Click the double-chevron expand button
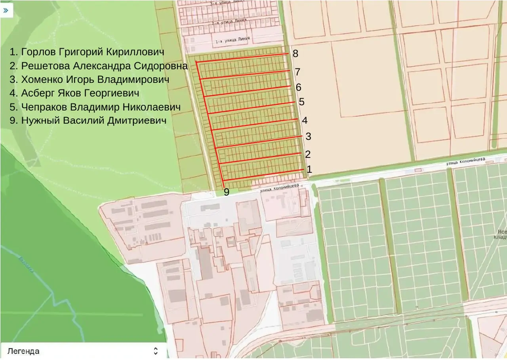pos(6,10)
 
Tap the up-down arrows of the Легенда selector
pos(156,351)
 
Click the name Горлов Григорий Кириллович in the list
pos(87,52)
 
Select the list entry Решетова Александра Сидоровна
pos(99,66)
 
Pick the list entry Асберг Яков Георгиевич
pos(74,93)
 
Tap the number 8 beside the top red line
pos(295,54)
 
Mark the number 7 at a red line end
pos(297,72)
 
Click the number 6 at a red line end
pos(299,87)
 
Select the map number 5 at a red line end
pos(301,102)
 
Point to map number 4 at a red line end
pos(305,120)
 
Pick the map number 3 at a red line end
pos(308,136)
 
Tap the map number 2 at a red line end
pos(308,154)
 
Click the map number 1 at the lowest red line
pos(309,170)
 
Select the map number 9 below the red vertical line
pos(227,192)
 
